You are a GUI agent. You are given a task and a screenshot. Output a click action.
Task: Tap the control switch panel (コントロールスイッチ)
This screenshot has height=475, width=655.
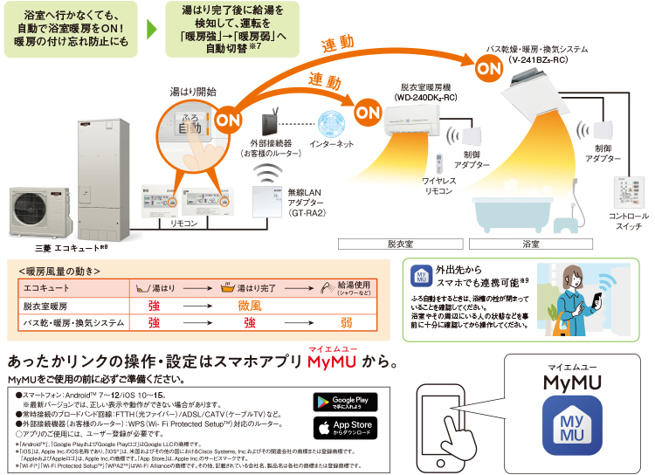(x=629, y=193)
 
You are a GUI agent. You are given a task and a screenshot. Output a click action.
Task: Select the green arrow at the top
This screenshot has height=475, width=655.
(x=152, y=25)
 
